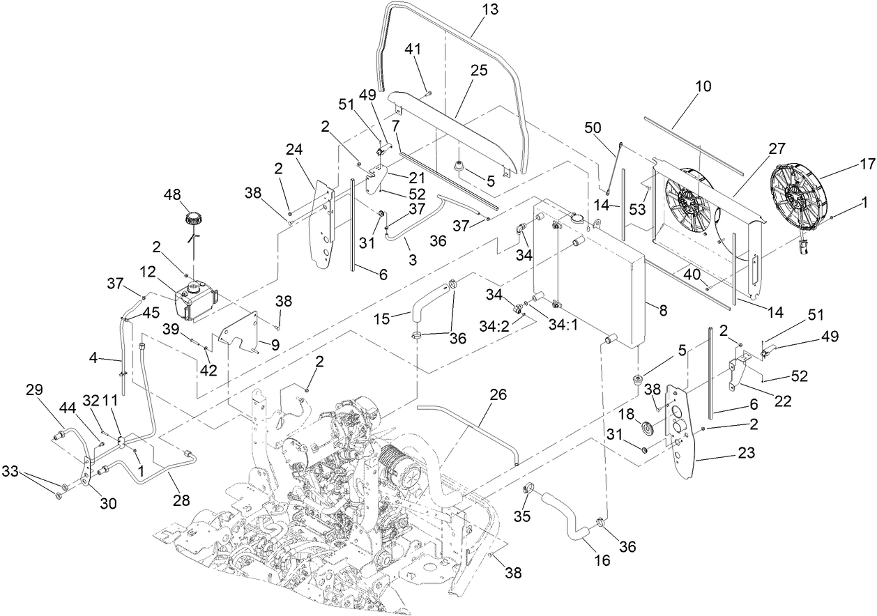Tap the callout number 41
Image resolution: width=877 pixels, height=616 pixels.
tap(413, 49)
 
